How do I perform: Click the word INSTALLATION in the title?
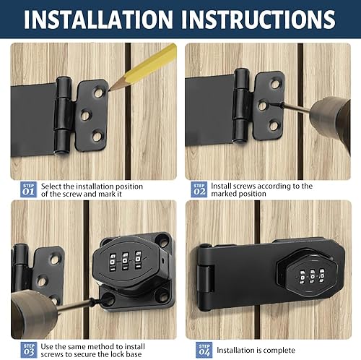98,20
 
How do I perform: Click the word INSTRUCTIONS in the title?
258,20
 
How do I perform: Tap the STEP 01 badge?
29,189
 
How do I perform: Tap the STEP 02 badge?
199,189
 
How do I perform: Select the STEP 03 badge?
29,350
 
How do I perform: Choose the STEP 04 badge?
204,350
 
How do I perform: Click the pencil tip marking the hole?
110,90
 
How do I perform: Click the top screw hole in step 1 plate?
98,93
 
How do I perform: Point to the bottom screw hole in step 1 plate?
97,137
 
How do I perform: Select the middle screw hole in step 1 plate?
85,115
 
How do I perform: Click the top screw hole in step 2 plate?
274,84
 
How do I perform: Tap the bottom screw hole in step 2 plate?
274,126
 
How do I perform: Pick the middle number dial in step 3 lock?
125,261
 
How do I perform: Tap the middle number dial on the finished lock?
312,276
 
